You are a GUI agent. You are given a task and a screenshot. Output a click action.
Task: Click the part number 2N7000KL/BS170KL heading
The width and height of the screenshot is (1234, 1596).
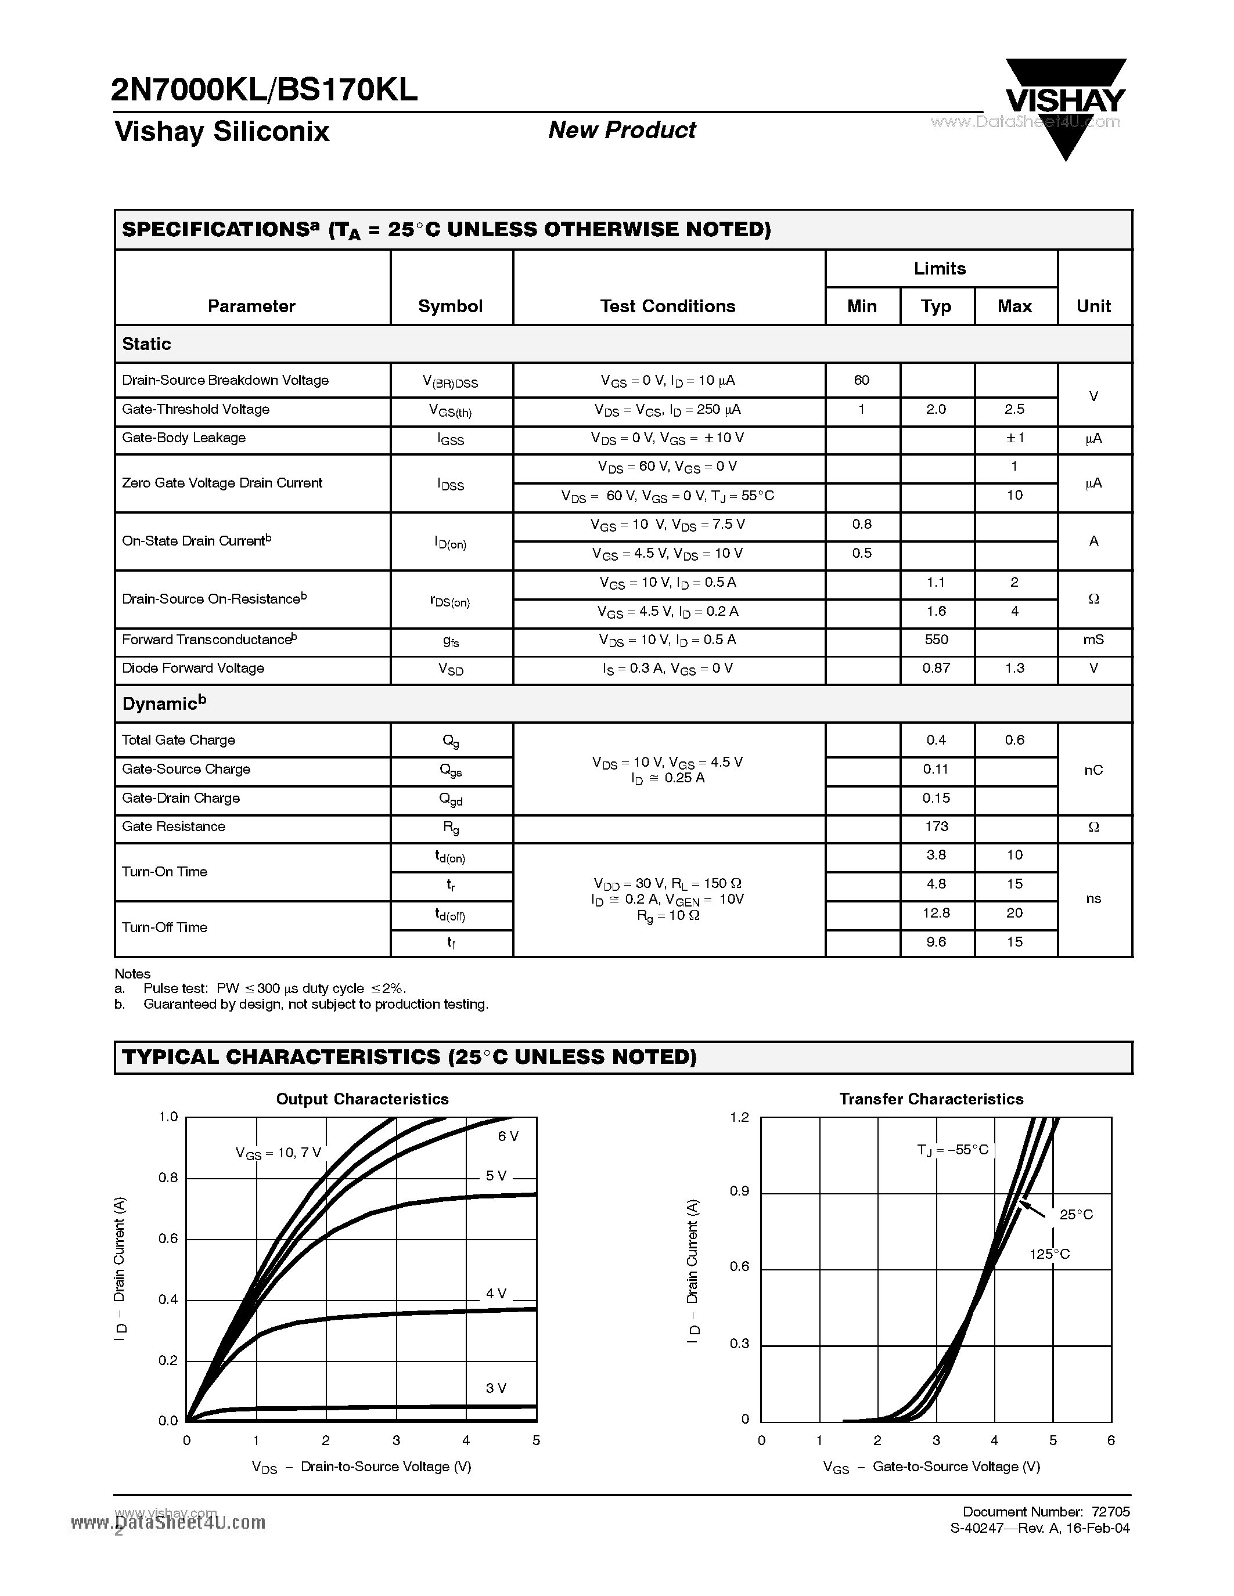[x=265, y=90]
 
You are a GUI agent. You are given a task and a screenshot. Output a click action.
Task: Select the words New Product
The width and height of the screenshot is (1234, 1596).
[x=621, y=130]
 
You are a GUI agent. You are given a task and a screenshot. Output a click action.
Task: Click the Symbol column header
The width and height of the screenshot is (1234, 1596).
[x=450, y=306]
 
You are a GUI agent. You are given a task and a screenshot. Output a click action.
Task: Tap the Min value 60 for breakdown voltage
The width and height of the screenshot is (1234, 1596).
[x=861, y=380]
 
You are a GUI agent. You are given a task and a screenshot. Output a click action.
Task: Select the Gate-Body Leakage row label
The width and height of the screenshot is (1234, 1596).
[x=184, y=438]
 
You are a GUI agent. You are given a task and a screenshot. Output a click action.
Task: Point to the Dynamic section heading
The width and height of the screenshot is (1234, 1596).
[x=164, y=704]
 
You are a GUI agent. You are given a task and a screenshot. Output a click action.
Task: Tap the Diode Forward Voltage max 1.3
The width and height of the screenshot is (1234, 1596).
[x=1014, y=668]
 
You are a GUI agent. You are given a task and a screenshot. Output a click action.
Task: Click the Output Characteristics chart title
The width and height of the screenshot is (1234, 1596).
[x=362, y=1099]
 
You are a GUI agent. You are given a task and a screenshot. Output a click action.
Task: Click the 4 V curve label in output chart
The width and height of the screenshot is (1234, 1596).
[x=496, y=1294]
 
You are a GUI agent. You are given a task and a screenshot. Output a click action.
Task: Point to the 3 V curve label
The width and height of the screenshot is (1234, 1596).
[x=496, y=1388]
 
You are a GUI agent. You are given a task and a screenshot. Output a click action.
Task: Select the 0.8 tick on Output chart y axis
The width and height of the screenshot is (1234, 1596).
[x=168, y=1178]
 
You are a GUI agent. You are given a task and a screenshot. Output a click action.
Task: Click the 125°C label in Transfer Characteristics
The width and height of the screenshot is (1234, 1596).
[x=1049, y=1254]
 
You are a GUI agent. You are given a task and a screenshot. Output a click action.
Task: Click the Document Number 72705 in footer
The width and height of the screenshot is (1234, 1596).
[x=1045, y=1511]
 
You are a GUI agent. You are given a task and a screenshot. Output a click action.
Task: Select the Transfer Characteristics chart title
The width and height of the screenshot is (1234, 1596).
[x=931, y=1099]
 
